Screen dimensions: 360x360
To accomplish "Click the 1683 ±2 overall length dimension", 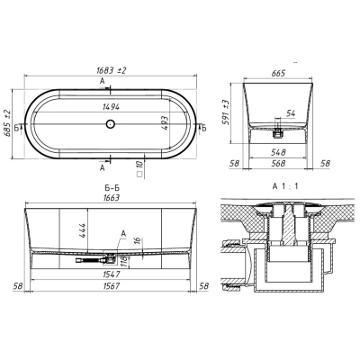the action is point(112,70).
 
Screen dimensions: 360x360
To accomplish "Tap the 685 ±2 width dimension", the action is point(7,123).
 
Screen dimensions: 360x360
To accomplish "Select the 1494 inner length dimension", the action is point(111,106).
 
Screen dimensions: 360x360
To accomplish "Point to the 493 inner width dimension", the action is point(165,123).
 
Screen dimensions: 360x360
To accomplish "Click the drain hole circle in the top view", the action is point(111,123).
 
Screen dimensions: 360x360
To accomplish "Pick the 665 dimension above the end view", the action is point(278,73).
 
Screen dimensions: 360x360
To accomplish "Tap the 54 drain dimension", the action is point(291,113).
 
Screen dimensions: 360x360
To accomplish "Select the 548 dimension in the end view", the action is point(277,152).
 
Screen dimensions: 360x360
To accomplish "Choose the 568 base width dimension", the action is point(277,163).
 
